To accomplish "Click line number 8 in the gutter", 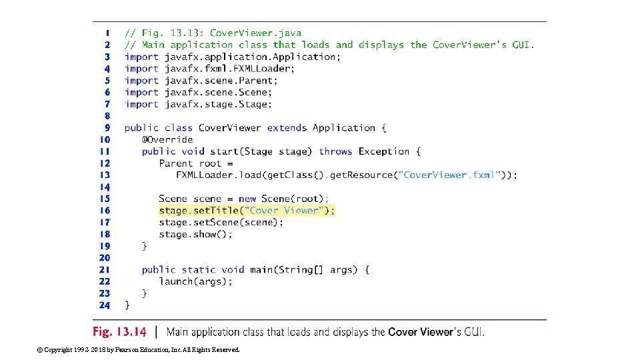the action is pos(107,116).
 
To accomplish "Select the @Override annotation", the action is pos(167,139).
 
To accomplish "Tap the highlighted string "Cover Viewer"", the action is pos(284,211).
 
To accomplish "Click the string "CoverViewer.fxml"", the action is pos(449,175).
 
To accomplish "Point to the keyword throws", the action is pos(335,151).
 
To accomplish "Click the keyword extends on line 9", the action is pos(287,128).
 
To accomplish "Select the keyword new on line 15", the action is pos(247,199).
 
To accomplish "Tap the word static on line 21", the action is pos(199,270).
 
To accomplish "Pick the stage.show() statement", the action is pos(195,234).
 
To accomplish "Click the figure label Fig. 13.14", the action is pos(119,331).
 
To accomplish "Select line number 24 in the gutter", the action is pos(105,305).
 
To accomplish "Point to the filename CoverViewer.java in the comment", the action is pos(255,33).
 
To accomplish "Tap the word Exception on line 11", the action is pos(384,151).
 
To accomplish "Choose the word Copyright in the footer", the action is pos(58,350).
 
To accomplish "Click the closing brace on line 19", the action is pos(144,246).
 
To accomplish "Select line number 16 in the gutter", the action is pos(105,211).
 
